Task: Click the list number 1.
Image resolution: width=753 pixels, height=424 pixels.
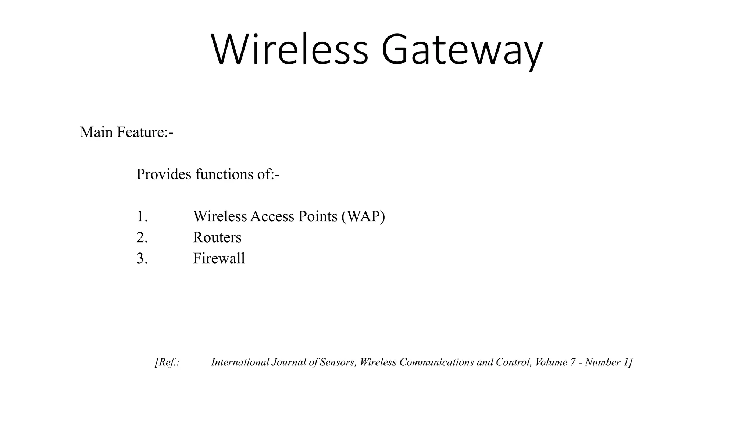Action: [x=142, y=216]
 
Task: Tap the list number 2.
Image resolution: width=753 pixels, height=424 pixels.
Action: [x=142, y=237]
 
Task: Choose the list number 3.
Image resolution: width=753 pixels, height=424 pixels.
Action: [x=142, y=258]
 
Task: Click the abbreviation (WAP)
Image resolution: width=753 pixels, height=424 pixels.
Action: [x=363, y=216]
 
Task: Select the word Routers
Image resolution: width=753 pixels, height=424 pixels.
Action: [x=217, y=237]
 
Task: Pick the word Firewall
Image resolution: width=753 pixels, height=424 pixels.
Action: [x=219, y=258]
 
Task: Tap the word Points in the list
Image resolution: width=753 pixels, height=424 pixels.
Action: [x=318, y=216]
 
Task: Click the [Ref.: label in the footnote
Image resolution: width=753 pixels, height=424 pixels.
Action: [x=167, y=362]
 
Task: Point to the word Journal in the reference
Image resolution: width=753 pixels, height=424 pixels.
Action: [x=289, y=362]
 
